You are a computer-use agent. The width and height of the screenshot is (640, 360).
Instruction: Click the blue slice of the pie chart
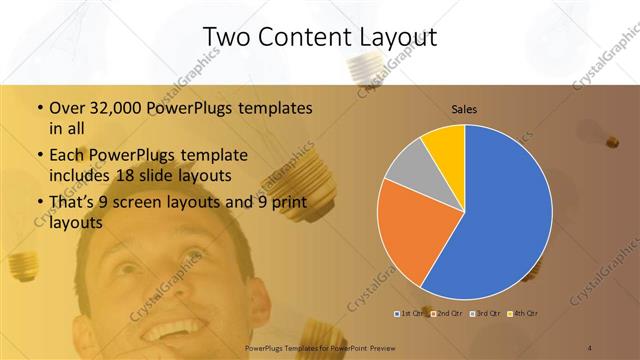pyautogui.click(x=505, y=220)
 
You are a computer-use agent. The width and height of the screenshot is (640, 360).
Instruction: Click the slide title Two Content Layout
pyautogui.click(x=320, y=37)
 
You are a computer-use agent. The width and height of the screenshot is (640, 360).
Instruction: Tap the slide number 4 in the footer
pyautogui.click(x=590, y=347)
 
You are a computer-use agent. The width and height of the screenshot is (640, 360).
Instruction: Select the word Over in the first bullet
pyautogui.click(x=66, y=108)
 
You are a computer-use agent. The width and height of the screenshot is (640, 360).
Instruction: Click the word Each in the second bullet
pyautogui.click(x=67, y=156)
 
